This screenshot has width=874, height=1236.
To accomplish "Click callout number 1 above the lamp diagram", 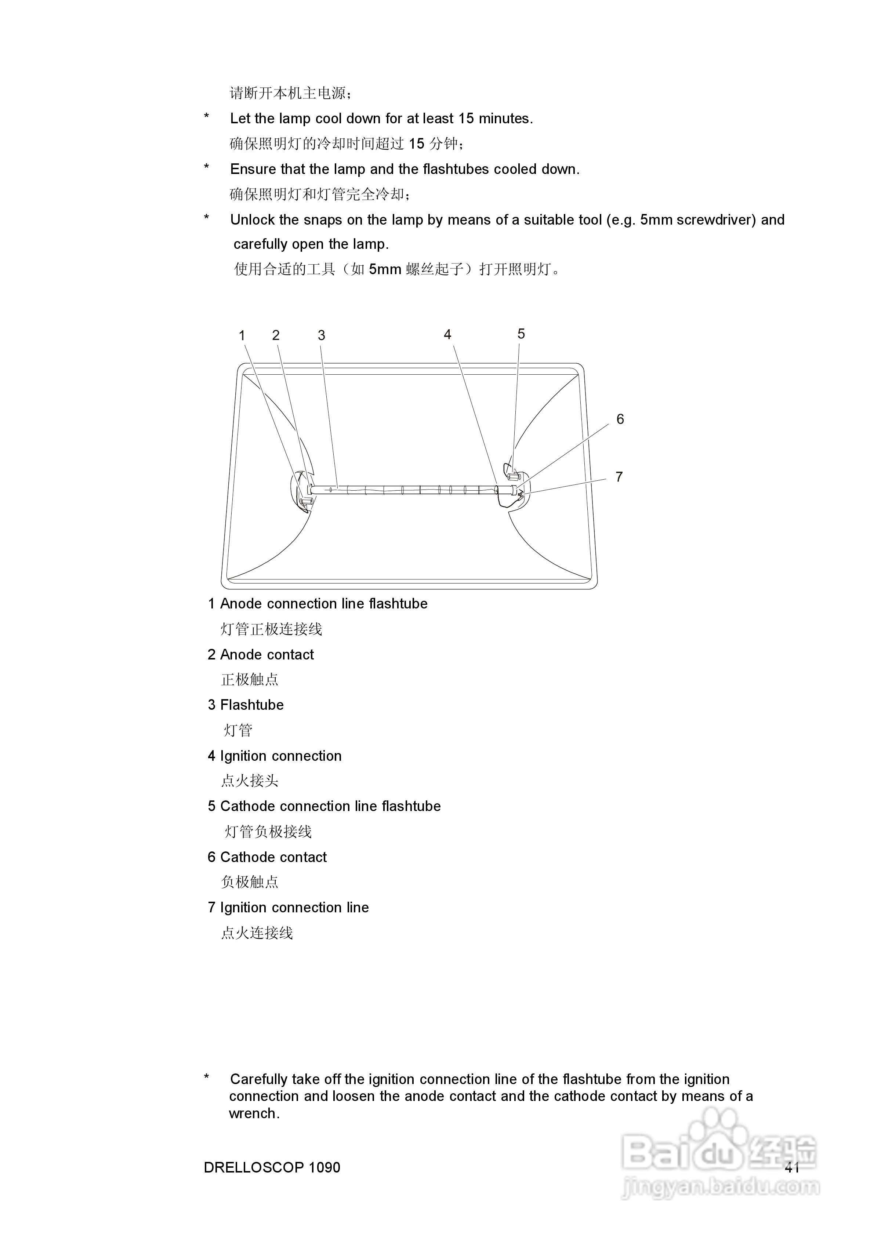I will [x=242, y=335].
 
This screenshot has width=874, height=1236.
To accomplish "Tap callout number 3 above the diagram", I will [x=322, y=335].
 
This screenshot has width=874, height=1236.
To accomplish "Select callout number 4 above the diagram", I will [x=447, y=334].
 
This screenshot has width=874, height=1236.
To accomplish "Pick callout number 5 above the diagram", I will [x=521, y=334].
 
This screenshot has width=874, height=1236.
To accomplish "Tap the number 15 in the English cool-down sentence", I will [x=466, y=119].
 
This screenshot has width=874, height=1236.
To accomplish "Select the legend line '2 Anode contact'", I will [x=261, y=655].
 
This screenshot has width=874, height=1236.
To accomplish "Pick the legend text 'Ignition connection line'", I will [x=294, y=908].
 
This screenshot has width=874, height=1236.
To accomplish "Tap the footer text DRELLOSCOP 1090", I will [x=272, y=1167].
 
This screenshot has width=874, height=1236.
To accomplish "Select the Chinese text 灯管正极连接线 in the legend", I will [x=271, y=629].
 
